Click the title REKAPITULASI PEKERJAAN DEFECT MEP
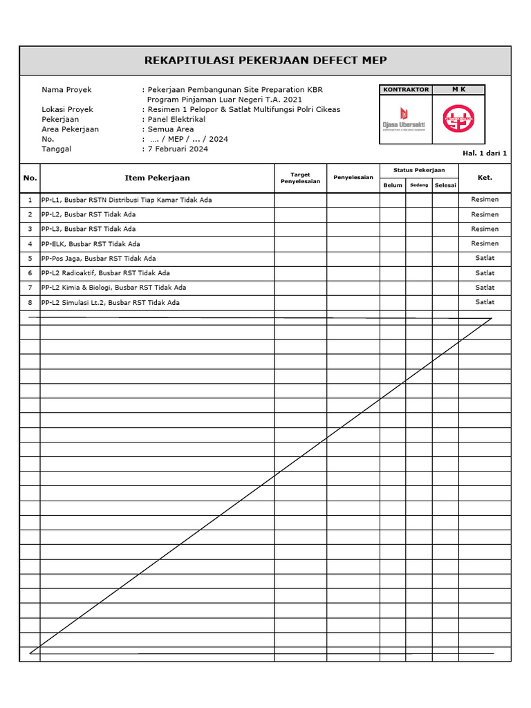click(265, 60)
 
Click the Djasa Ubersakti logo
click(404, 118)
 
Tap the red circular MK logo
click(458, 118)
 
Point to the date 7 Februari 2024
click(178, 149)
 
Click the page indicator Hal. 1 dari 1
click(485, 153)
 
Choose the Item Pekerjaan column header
click(157, 178)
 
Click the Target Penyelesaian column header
click(300, 178)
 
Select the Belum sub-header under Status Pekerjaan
click(393, 185)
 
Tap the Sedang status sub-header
click(419, 185)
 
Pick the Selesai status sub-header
click(445, 185)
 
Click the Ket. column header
click(485, 178)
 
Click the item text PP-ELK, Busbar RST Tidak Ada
click(91, 244)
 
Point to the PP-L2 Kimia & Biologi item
click(113, 288)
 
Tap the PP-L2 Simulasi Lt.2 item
click(111, 303)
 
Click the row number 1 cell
click(30, 200)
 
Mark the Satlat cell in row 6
click(485, 273)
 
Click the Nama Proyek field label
click(66, 90)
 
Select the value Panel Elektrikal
click(176, 119)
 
